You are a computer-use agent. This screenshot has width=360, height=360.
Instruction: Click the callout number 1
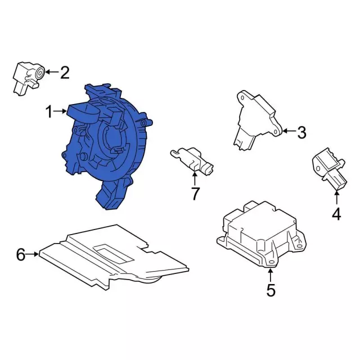(x=49, y=112)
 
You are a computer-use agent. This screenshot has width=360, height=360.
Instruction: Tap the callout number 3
(x=301, y=133)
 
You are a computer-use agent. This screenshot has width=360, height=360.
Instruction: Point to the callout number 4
(x=336, y=214)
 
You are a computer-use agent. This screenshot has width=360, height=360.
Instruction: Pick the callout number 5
(x=271, y=290)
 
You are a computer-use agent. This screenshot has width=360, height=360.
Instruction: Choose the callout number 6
(x=21, y=255)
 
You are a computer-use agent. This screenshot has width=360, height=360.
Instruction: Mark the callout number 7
(x=195, y=194)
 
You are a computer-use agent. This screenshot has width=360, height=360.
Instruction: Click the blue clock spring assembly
(x=107, y=146)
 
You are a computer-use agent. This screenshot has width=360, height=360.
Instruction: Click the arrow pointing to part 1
(x=61, y=112)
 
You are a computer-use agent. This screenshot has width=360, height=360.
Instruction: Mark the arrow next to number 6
(x=34, y=255)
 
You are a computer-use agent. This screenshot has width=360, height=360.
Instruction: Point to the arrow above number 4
(x=336, y=197)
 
